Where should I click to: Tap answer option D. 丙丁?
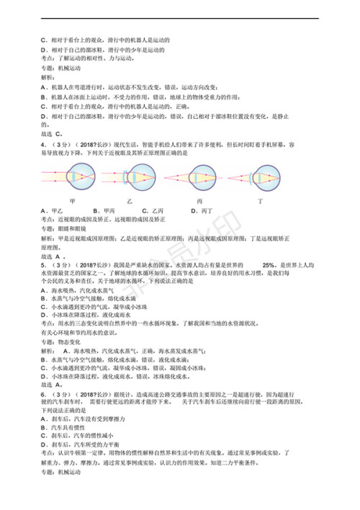[202, 210]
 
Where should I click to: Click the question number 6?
[44, 395]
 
